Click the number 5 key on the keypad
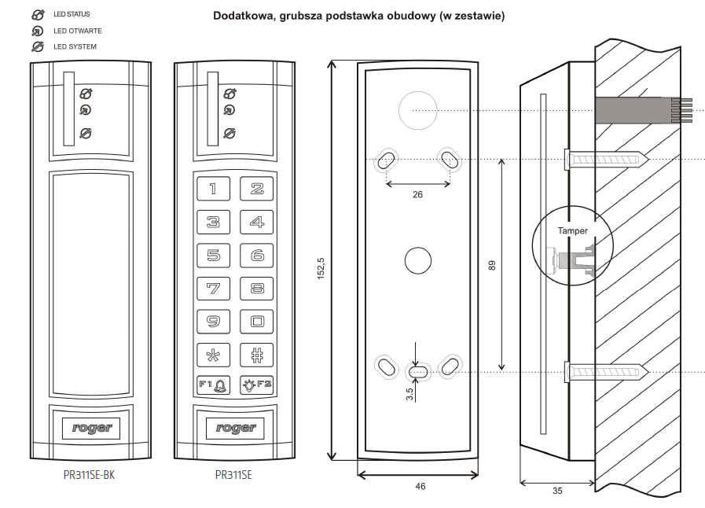point(213,256)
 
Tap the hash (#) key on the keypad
point(257,353)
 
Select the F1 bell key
point(213,385)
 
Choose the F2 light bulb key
point(257,385)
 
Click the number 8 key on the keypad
point(257,288)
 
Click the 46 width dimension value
point(420,487)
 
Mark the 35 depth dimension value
point(557,491)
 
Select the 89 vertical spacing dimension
point(493,265)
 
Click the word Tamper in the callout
point(572,231)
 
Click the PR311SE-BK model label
point(93,475)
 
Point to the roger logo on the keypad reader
point(235,428)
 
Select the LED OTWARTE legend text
point(78,31)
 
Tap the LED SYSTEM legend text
point(75,47)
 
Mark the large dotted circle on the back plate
point(417,111)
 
